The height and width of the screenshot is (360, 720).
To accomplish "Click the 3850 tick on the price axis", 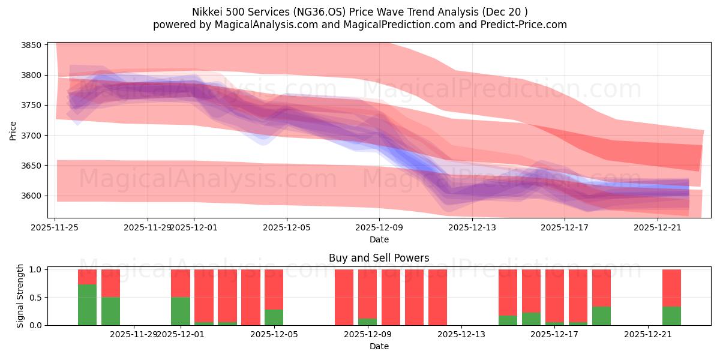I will [31, 45].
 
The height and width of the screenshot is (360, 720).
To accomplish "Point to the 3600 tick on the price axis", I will [31, 196].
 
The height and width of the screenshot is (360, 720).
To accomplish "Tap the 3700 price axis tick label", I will [31, 136].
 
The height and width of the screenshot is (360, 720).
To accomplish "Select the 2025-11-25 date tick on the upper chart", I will [55, 227].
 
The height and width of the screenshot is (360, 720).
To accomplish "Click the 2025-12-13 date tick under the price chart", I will [472, 227].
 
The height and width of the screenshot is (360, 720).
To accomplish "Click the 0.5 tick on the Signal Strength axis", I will [35, 298].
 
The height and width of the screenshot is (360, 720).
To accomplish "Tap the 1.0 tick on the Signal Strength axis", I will [35, 269].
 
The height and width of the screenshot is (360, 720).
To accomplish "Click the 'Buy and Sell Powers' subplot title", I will [379, 259].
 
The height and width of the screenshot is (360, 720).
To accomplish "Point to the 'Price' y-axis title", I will [13, 130].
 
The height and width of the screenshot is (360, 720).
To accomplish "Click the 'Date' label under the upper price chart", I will [379, 239].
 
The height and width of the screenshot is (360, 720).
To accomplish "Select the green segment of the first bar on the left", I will [87, 305].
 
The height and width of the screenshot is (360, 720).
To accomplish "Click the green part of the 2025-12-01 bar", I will [181, 311].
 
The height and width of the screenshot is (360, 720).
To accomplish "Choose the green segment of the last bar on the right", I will [671, 316].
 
